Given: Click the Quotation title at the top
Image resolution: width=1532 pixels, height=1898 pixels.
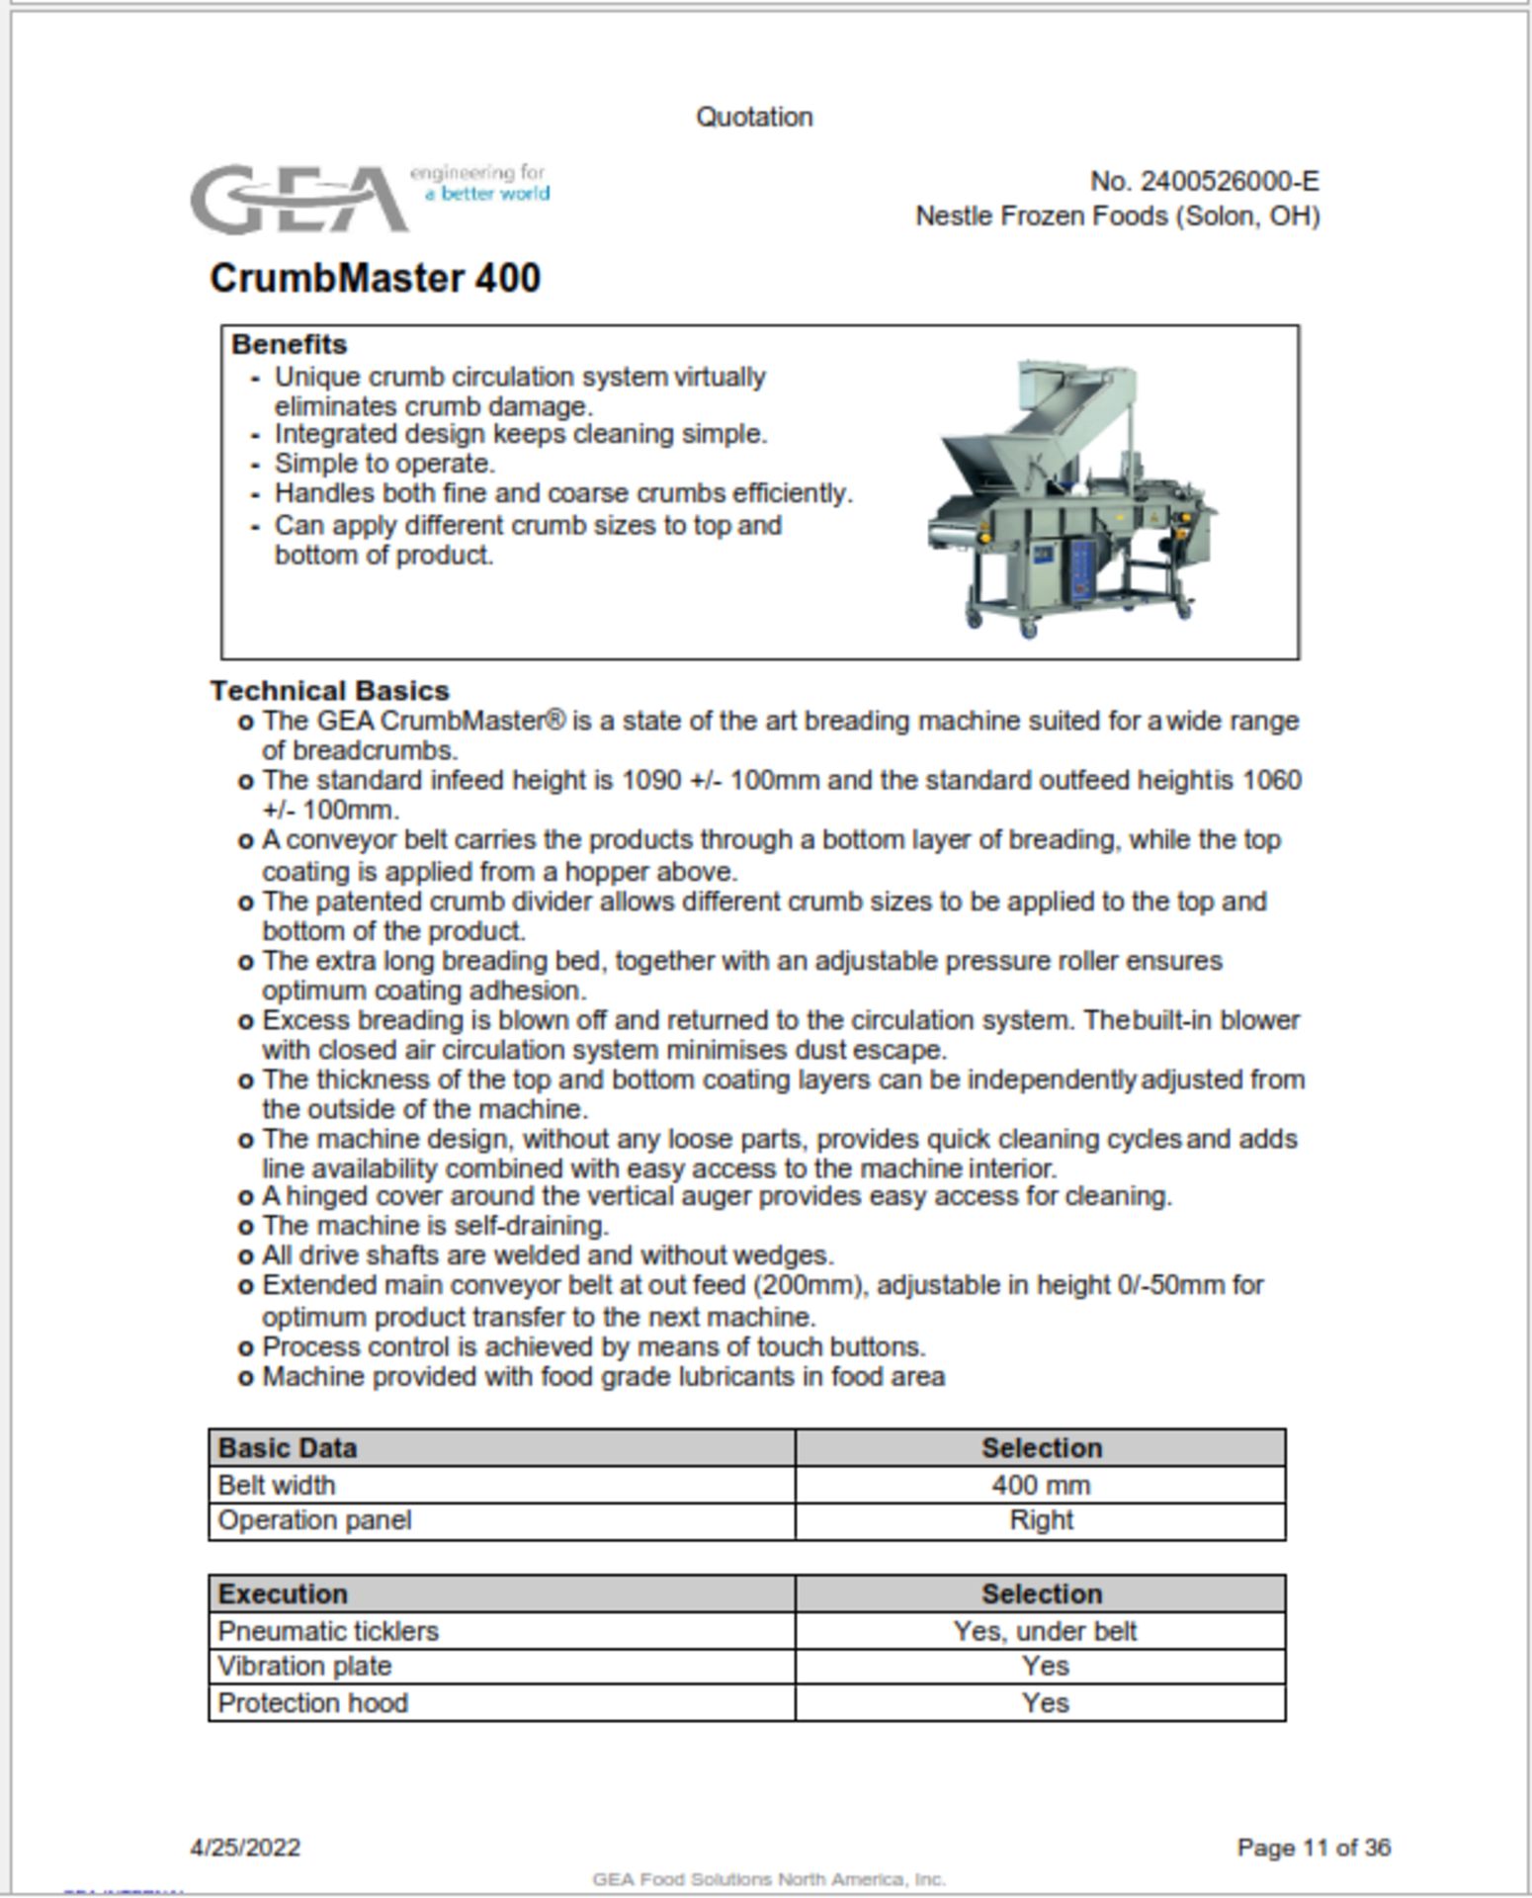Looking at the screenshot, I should [754, 117].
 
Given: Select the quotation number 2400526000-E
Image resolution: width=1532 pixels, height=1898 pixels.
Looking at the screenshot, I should [1204, 182].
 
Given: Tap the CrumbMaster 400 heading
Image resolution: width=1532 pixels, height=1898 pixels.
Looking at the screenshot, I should [375, 278].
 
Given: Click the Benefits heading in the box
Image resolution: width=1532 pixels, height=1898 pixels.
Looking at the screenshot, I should [289, 344].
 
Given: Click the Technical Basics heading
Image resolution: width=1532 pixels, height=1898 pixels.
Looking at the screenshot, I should [329, 690].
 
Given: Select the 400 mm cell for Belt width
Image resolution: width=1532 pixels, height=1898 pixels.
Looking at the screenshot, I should [1040, 1485].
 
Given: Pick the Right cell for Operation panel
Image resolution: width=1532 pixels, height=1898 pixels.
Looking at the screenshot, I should [1040, 1520].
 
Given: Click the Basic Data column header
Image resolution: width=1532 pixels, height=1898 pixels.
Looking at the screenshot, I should [287, 1448].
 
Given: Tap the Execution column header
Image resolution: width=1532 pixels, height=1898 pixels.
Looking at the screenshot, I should [282, 1594].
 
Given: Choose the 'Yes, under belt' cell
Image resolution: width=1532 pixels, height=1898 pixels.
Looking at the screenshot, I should [1044, 1631].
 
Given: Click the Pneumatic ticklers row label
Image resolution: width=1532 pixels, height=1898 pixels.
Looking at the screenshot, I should [327, 1631].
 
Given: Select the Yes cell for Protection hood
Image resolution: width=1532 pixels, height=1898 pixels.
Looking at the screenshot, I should [1044, 1702].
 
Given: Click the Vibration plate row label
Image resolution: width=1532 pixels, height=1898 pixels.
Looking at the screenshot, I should [303, 1667].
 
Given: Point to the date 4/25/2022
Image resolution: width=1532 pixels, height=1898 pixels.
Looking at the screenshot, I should [245, 1847].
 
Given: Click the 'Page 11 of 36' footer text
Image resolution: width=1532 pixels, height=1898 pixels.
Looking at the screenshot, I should [1313, 1847].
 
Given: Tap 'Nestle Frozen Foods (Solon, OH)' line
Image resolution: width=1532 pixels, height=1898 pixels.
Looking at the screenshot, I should [1117, 216].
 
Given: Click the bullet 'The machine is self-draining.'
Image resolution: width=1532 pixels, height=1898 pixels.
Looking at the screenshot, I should [435, 1226].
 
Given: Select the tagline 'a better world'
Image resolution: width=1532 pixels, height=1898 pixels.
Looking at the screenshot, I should [487, 194].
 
